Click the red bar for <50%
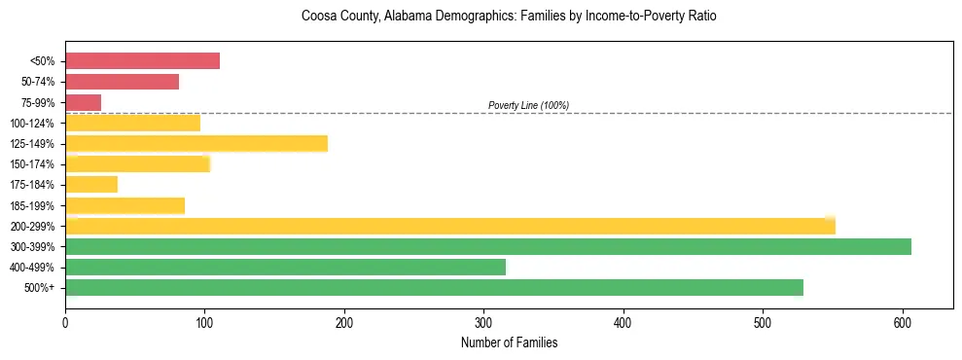142,61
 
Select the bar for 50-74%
122,82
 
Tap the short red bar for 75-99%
83,102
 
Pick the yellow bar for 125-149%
196,144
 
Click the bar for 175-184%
90,185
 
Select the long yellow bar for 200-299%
449,226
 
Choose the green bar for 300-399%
487,247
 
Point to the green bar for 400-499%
285,268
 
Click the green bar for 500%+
434,288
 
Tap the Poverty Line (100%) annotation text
528,105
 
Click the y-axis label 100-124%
32,124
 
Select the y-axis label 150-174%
32,164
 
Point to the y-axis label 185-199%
32,205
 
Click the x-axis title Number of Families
509,342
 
